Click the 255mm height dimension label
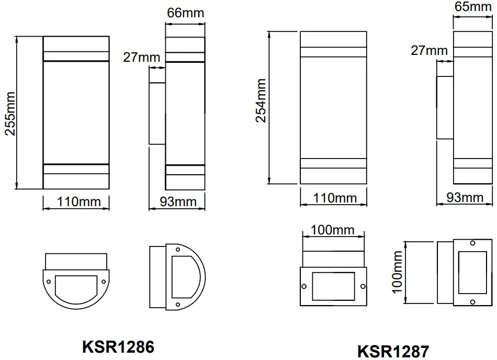(10, 113)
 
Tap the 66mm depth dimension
(185, 13)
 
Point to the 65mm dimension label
(474, 7)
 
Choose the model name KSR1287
(394, 350)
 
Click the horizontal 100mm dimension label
(333, 230)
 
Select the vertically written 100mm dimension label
(396, 271)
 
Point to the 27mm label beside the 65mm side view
(429, 50)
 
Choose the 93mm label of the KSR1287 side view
(465, 197)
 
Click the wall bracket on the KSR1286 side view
(157, 114)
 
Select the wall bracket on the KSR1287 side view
(445, 108)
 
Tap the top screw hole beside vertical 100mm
(472, 244)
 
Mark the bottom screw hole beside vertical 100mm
(472, 302)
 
